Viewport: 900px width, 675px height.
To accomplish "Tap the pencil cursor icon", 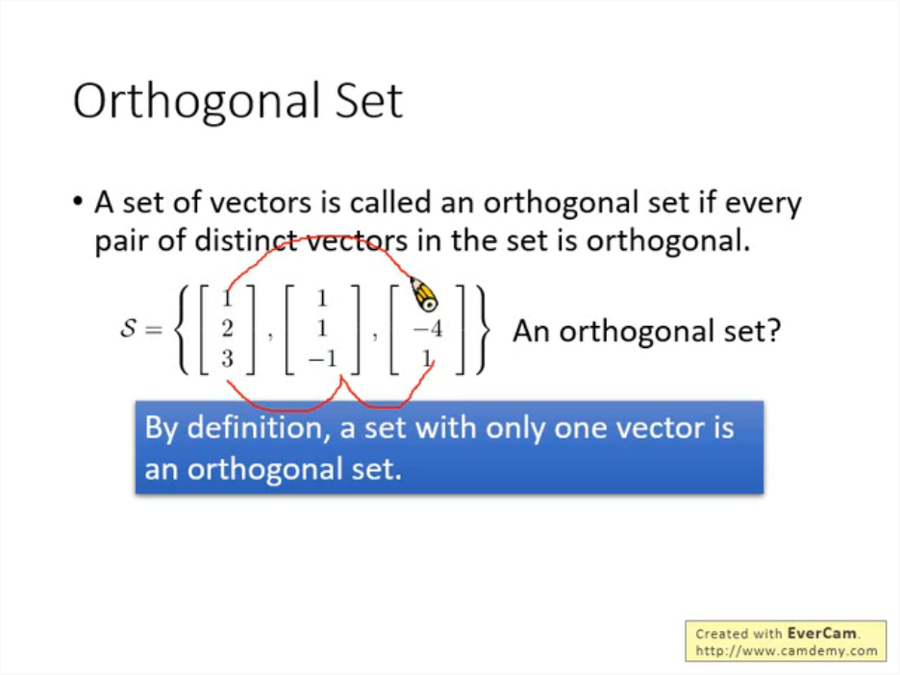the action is tap(424, 294).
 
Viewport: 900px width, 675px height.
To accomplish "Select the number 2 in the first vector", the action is tap(227, 328).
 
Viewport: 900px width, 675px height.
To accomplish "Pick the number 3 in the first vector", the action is tap(227, 359).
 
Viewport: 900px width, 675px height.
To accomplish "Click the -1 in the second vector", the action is tap(322, 359).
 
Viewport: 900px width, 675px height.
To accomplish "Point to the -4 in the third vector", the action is tap(428, 329).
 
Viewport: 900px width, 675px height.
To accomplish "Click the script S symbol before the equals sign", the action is tap(128, 328).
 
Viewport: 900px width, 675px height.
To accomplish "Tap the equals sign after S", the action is tap(154, 330).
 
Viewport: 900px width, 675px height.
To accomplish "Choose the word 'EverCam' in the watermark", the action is tap(822, 633).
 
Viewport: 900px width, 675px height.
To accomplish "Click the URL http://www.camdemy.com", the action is tap(787, 651).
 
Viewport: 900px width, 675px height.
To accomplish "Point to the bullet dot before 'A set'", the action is tap(78, 201).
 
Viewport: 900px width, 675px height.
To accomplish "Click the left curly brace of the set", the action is tap(182, 330).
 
